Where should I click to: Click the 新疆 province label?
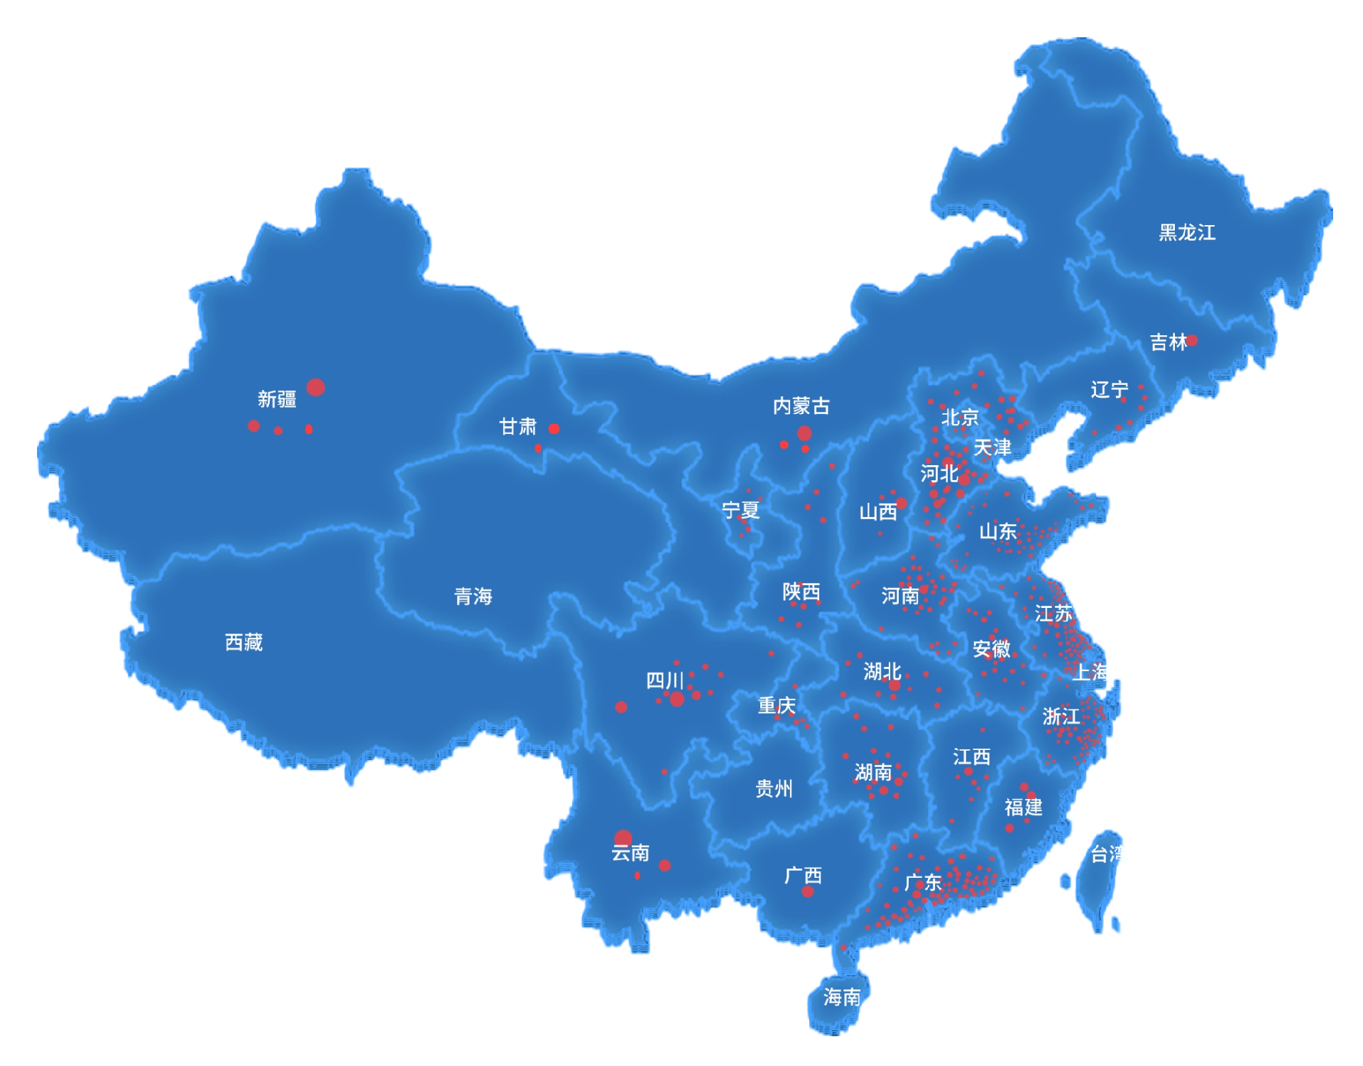pyautogui.click(x=277, y=399)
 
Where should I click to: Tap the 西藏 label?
pyautogui.click(x=243, y=642)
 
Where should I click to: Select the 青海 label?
pyautogui.click(x=473, y=596)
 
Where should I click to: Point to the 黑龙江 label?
pyautogui.click(x=1187, y=232)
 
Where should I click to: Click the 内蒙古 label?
pyautogui.click(x=801, y=406)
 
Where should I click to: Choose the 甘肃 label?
pyautogui.click(x=518, y=426)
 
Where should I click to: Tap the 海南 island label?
pyautogui.click(x=842, y=997)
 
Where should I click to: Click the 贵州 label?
pyautogui.click(x=774, y=788)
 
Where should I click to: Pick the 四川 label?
pyautogui.click(x=664, y=680)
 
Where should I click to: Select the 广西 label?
pyautogui.click(x=803, y=875)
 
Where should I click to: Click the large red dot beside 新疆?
pyautogui.click(x=316, y=387)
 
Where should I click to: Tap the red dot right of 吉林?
pyautogui.click(x=1192, y=340)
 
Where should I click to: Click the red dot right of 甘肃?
pyautogui.click(x=554, y=428)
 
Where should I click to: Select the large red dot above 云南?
pyautogui.click(x=623, y=838)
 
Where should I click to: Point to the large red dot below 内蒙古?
pyautogui.click(x=804, y=433)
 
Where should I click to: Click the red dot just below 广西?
pyautogui.click(x=808, y=891)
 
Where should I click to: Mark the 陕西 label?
pyautogui.click(x=801, y=592)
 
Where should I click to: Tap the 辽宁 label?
pyautogui.click(x=1109, y=389)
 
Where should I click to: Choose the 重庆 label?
pyautogui.click(x=777, y=705)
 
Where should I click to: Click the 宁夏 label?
pyautogui.click(x=740, y=510)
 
